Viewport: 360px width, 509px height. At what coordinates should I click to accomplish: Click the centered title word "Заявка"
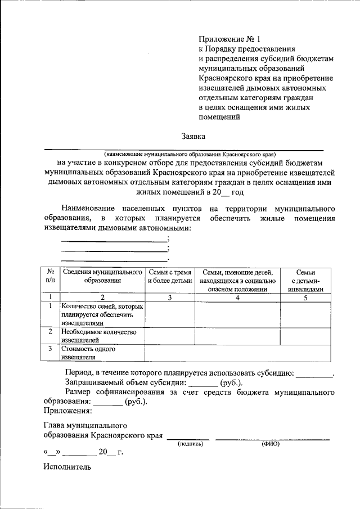click(193, 136)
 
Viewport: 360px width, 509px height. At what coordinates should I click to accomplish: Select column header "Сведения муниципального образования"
click(103, 276)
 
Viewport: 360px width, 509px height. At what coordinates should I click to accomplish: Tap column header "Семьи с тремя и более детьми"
click(170, 276)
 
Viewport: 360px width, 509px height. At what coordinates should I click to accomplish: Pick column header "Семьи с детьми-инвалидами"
click(305, 280)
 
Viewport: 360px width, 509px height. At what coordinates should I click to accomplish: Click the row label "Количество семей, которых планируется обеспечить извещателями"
click(102, 315)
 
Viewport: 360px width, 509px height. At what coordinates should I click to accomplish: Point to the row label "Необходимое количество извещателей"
click(100, 336)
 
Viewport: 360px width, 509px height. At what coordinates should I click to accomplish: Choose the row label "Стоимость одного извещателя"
click(89, 353)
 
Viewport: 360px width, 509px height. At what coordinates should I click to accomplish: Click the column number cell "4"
click(237, 298)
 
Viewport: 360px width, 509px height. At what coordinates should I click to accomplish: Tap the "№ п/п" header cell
click(50, 276)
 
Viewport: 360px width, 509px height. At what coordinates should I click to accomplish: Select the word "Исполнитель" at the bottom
click(67, 466)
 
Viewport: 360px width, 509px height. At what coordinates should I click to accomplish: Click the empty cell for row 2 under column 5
click(305, 336)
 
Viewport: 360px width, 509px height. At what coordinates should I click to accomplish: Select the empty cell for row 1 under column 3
click(170, 315)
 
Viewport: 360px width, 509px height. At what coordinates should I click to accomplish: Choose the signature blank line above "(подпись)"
click(188, 437)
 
